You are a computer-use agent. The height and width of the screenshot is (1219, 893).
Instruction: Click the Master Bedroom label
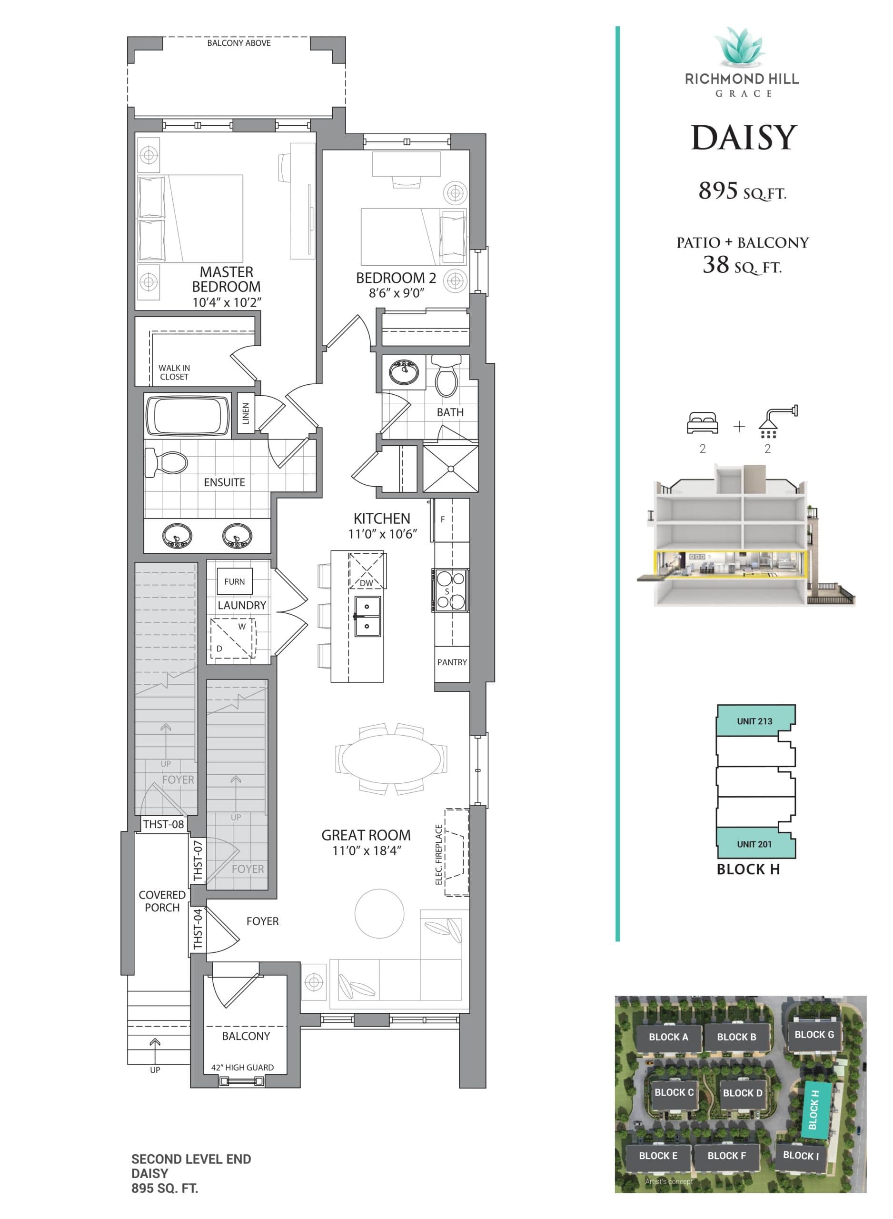tap(226, 280)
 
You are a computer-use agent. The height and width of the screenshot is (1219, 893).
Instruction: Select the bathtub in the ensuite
tap(187, 416)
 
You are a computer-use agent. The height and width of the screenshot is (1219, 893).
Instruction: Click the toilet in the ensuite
tap(168, 463)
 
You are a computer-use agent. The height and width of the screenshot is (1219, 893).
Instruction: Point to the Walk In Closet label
tap(174, 372)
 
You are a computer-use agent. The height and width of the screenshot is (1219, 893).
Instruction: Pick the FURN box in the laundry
tap(234, 582)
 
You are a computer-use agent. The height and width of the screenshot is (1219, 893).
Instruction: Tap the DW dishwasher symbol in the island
tap(367, 571)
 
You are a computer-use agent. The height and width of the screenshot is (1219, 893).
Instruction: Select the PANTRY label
tap(452, 662)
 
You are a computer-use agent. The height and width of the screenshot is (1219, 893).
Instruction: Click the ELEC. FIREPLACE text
tap(439, 855)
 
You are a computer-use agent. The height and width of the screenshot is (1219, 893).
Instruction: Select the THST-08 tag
tap(163, 824)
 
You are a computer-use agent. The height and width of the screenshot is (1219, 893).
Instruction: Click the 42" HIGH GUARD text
tap(242, 1068)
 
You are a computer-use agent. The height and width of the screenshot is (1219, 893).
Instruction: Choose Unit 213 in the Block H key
tap(754, 721)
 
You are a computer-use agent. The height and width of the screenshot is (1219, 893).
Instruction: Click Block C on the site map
tap(674, 1092)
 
